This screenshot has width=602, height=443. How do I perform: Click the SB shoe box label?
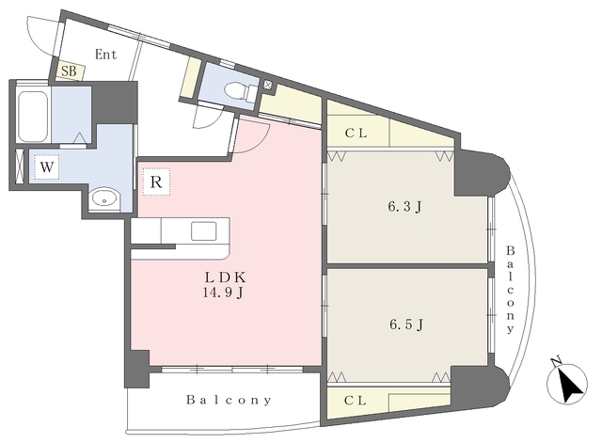pyautogui.click(x=69, y=71)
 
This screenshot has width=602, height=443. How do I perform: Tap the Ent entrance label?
pyautogui.click(x=105, y=55)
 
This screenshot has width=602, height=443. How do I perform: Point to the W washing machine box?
pyautogui.click(x=46, y=167)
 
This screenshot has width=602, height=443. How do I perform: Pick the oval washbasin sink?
pyautogui.click(x=104, y=199)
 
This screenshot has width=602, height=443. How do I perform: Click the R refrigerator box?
pyautogui.click(x=156, y=182)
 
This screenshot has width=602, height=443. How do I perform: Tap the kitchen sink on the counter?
pyautogui.click(x=203, y=230)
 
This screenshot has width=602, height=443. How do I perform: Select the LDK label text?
pyautogui.click(x=225, y=277)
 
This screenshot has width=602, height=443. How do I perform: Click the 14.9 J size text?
pyautogui.click(x=223, y=293)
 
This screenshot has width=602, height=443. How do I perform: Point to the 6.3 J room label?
pyautogui.click(x=404, y=207)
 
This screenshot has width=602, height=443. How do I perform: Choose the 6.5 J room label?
pyautogui.click(x=406, y=324)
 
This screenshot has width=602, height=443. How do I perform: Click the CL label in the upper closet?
pyautogui.click(x=356, y=134)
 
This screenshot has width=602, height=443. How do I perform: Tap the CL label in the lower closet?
pyautogui.click(x=356, y=401)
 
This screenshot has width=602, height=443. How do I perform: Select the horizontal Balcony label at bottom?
pyautogui.click(x=229, y=400)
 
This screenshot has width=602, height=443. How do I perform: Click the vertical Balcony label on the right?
pyautogui.click(x=510, y=291)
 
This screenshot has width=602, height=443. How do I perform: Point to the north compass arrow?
pyautogui.click(x=571, y=384)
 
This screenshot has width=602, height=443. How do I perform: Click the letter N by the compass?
pyautogui.click(x=555, y=361)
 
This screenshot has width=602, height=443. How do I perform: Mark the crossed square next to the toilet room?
pyautogui.click(x=268, y=86)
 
